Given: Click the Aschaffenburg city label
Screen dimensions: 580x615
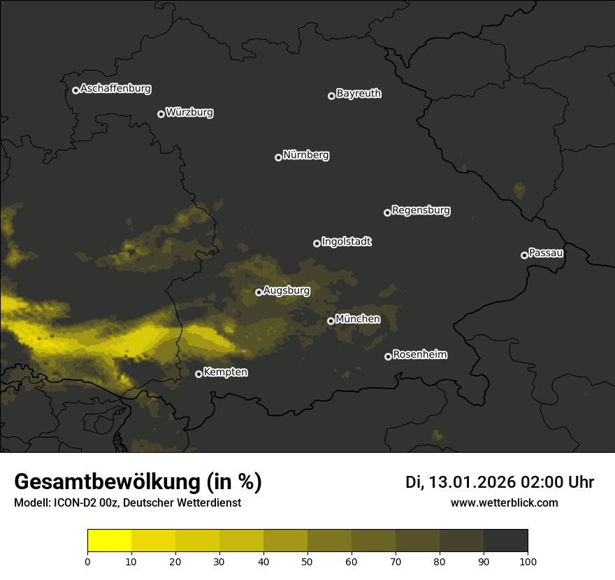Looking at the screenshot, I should [x=115, y=89].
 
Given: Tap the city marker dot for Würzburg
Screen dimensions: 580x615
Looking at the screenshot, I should [x=161, y=114].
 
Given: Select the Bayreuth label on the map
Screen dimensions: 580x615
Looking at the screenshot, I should [x=359, y=94].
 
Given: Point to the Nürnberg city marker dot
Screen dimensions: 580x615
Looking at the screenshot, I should [x=278, y=157].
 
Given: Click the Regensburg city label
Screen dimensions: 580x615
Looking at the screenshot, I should [x=421, y=210].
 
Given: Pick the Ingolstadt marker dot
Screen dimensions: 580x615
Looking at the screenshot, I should [x=317, y=243].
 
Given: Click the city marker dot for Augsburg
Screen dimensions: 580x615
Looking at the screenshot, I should [x=259, y=292].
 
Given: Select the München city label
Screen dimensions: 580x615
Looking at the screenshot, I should [x=358, y=319].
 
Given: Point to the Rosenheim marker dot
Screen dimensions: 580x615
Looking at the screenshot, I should [x=388, y=356].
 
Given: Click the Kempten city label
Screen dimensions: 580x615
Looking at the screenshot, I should [x=225, y=372].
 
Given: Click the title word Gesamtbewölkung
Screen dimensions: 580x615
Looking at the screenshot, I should [x=106, y=482].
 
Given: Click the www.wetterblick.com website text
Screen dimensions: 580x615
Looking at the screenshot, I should [x=505, y=502].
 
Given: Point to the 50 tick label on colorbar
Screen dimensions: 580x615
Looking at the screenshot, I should [x=307, y=560].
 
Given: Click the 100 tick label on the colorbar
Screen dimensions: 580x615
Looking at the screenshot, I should [x=528, y=560].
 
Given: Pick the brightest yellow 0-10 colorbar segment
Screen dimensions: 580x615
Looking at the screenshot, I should [x=110, y=541].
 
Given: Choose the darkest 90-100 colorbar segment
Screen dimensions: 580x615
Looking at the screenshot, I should [x=505, y=541].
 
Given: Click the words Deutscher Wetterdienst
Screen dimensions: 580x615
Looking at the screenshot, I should [x=182, y=503].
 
